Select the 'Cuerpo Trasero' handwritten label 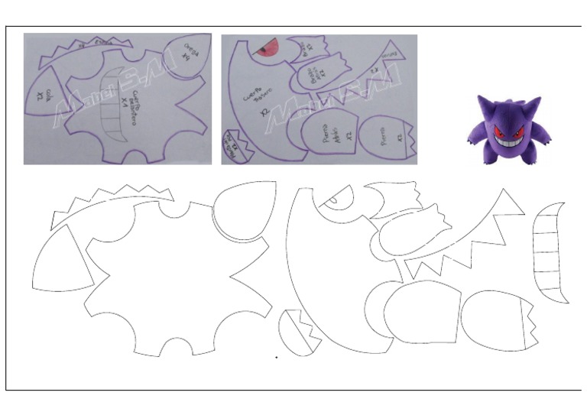pyautogui.click(x=253, y=100)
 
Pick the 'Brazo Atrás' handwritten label pyautogui.click(x=315, y=76)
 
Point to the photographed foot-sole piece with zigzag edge pyautogui.click(x=232, y=143)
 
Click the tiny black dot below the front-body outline pyautogui.click(x=277, y=357)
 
